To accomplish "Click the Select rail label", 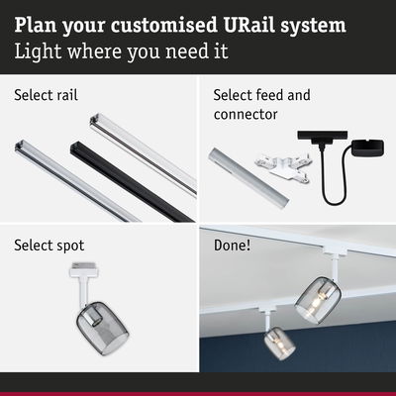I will [x=46, y=96].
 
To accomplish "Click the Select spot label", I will [x=49, y=245].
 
